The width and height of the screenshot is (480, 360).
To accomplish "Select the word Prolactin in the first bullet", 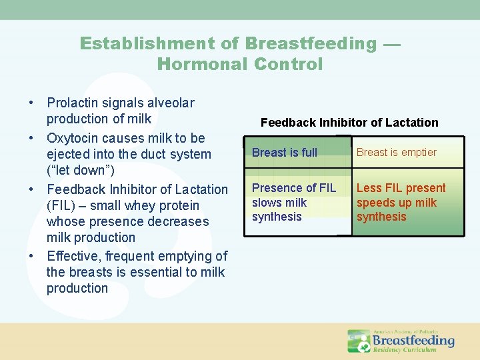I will [73, 103].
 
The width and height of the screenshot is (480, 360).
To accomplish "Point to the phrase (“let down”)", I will [81, 171].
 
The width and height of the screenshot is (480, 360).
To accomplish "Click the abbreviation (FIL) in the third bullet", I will [62, 205].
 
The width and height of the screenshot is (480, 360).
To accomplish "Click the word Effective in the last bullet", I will [72, 256].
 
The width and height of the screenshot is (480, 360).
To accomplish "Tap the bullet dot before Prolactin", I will [31, 103].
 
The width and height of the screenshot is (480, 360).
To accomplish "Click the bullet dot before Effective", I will [31, 257].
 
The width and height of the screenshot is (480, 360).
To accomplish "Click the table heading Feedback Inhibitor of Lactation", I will [349, 123].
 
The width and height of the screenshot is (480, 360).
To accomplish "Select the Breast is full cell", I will [297, 152].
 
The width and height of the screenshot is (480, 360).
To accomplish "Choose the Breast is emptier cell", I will [407, 152].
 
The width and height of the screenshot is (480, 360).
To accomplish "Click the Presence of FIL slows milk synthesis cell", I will [297, 203].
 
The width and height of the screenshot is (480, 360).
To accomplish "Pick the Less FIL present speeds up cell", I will [407, 203].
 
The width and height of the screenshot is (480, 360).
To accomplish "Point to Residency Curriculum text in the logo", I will [405, 349].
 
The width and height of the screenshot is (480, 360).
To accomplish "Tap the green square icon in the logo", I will [359, 341].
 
